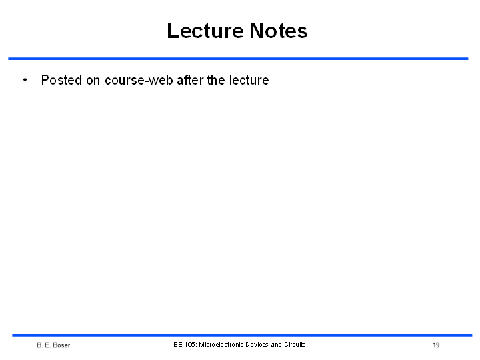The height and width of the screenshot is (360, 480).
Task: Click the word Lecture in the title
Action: pos(205,31)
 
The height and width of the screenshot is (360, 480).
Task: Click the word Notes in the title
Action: pos(279,31)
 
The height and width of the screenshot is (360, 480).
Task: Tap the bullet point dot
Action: pos(25,80)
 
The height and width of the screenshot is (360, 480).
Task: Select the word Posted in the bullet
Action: pos(61,80)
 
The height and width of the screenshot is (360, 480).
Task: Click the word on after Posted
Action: pos(93,81)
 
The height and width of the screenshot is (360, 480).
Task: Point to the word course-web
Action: pos(139,80)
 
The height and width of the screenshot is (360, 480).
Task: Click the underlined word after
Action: pos(191,80)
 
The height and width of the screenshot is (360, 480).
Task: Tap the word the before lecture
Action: pos(216,80)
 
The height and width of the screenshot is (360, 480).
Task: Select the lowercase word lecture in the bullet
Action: pos(249,80)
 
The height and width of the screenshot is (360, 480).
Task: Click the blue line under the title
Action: pos(238,59)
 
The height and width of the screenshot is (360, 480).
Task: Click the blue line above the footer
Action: pos(242,335)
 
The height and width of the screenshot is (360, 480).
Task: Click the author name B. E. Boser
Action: pos(53,345)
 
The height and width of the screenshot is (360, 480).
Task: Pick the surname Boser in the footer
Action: pos(61,345)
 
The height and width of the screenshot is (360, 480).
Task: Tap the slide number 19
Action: pos(436,345)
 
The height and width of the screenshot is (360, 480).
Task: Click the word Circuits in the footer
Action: pos(295,345)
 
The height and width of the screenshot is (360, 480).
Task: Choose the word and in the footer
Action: pos(276,345)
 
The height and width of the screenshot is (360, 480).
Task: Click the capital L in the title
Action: pos(173,31)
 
